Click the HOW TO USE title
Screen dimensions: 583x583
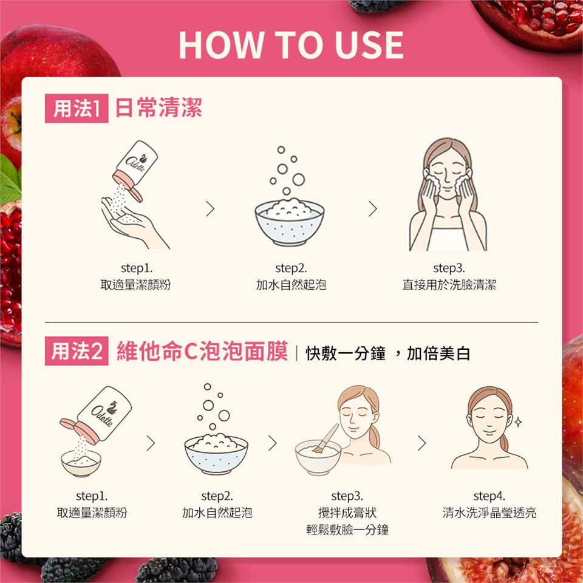291,45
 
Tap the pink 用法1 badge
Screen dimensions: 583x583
77,108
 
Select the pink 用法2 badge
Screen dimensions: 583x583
77,351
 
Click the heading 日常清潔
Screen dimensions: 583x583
159,108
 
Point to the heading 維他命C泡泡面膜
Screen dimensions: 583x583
202,351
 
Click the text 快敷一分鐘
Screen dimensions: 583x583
346,353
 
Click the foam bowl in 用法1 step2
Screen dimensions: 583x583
289,222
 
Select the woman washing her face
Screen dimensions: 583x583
448,194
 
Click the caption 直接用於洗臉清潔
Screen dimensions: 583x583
449,285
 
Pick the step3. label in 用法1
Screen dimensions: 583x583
449,268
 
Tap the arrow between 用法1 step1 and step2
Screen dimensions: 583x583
211,209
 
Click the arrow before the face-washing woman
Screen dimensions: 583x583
372,209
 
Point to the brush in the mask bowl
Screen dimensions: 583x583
326,438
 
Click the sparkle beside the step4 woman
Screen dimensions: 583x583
518,421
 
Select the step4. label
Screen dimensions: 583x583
489,496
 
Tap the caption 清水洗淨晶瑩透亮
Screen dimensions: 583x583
489,513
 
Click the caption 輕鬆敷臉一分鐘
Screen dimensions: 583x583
347,530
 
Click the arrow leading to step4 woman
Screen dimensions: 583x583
421,443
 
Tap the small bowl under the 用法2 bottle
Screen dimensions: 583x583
81,463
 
